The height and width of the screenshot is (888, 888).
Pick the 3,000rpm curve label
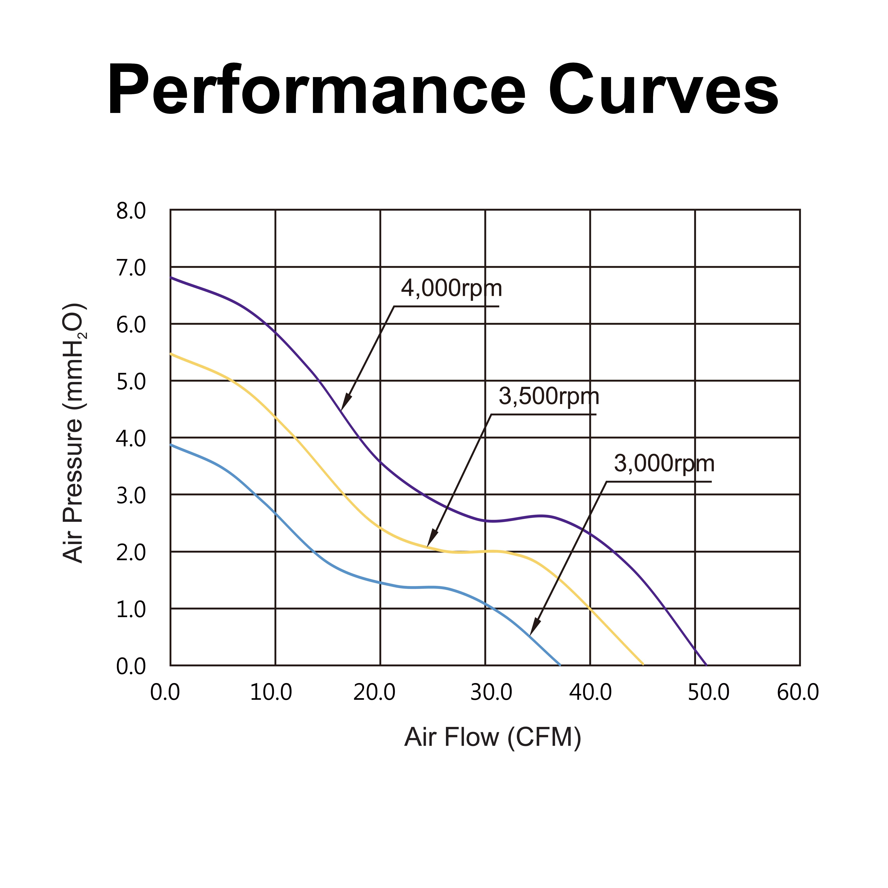tap(664, 464)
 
